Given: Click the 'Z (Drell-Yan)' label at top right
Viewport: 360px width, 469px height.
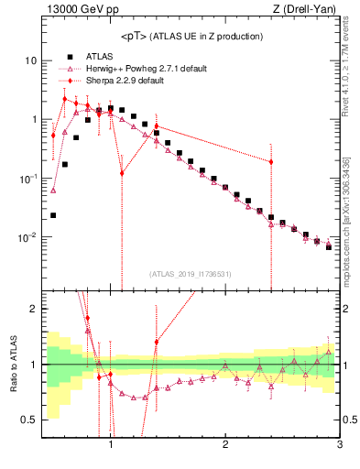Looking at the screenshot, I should click(x=308, y=11).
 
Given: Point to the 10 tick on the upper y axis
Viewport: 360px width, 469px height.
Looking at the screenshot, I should click(x=30, y=60).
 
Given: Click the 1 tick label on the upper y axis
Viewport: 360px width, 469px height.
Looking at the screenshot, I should click(x=33, y=119).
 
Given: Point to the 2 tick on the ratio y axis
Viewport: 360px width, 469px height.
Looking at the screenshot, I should click(x=33, y=310).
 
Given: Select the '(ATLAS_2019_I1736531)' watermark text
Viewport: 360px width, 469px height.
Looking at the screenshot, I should click(x=190, y=274).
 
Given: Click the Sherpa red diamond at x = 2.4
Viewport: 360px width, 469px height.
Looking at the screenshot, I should click(x=271, y=162).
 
